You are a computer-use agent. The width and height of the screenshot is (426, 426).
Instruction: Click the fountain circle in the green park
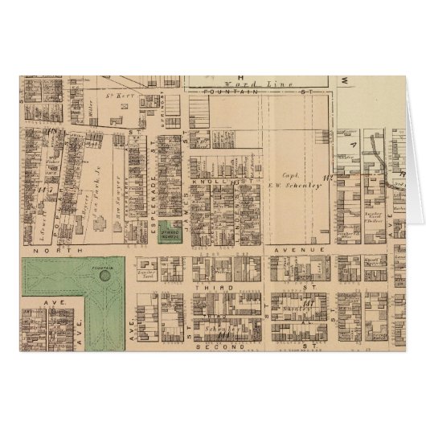point(105,275)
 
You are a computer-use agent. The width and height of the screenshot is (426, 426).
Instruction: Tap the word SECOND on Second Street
point(217,346)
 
